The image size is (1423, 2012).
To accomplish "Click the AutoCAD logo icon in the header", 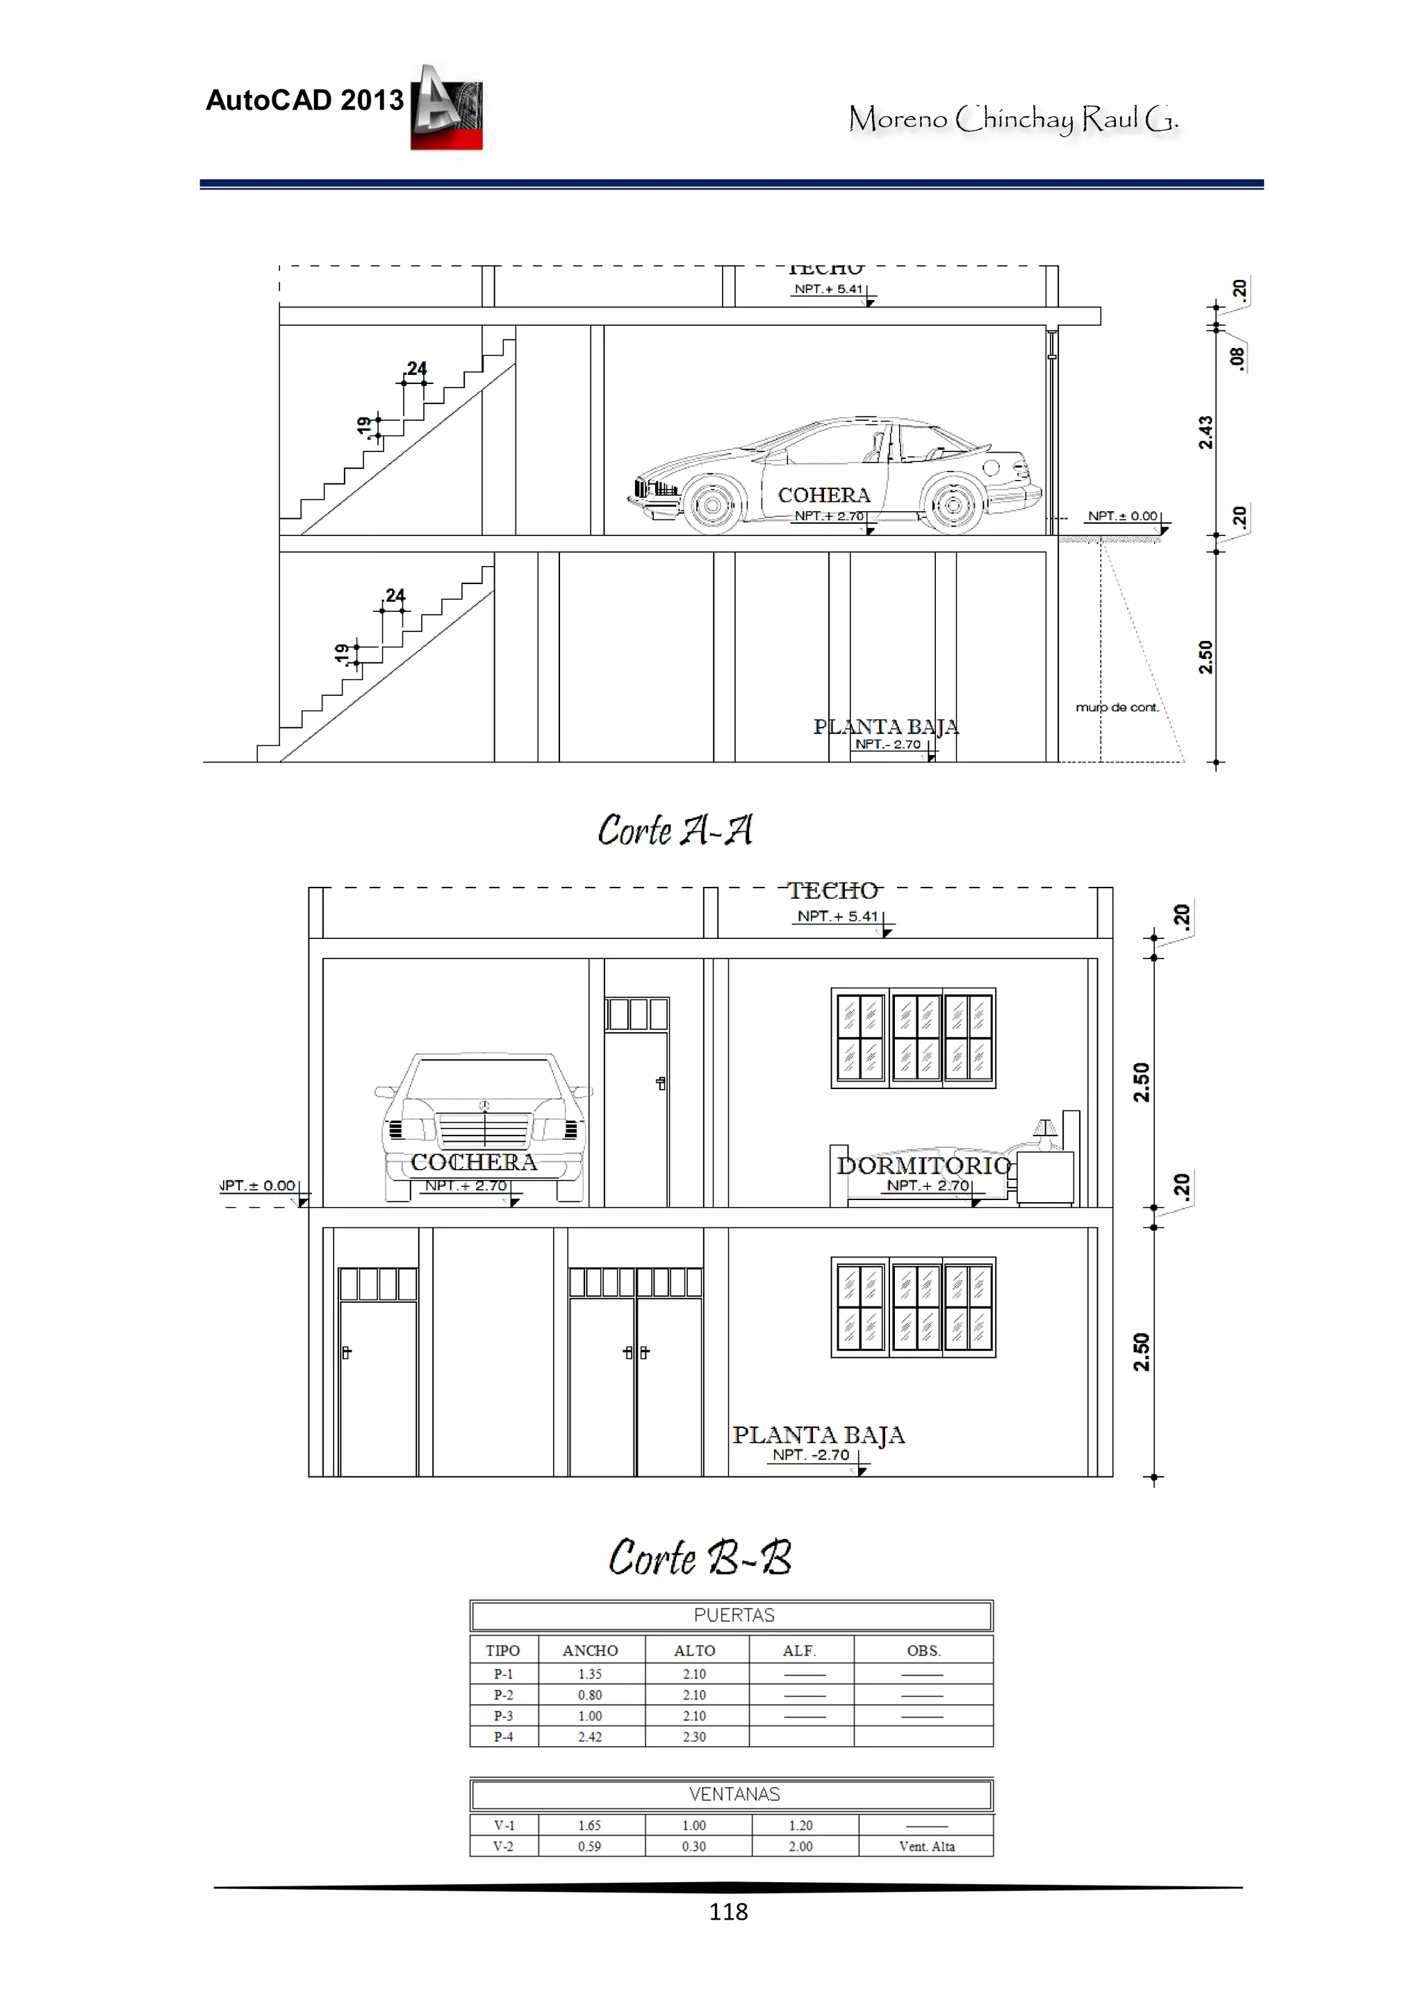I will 446,107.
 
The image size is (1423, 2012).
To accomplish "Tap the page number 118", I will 727,1911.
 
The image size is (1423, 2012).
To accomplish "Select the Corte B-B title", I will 700,1557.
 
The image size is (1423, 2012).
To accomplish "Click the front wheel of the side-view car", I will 713,505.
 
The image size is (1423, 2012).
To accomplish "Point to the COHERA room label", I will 823,495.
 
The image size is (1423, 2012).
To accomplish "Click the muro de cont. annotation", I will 1116,707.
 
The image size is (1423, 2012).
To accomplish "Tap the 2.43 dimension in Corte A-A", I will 1206,432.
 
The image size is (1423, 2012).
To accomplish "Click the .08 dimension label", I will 1236,358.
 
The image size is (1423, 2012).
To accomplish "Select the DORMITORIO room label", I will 923,1165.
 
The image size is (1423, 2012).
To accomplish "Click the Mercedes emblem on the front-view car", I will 483,1105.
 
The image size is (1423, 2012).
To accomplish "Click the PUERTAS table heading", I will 733,1615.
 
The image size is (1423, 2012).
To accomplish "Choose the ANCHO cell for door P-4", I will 589,1736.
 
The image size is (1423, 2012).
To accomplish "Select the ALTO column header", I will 694,1650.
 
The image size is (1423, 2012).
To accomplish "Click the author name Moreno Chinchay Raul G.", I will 1012,118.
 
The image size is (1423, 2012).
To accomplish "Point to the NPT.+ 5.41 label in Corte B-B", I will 837,916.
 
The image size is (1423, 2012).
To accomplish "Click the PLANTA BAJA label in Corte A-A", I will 885,726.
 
